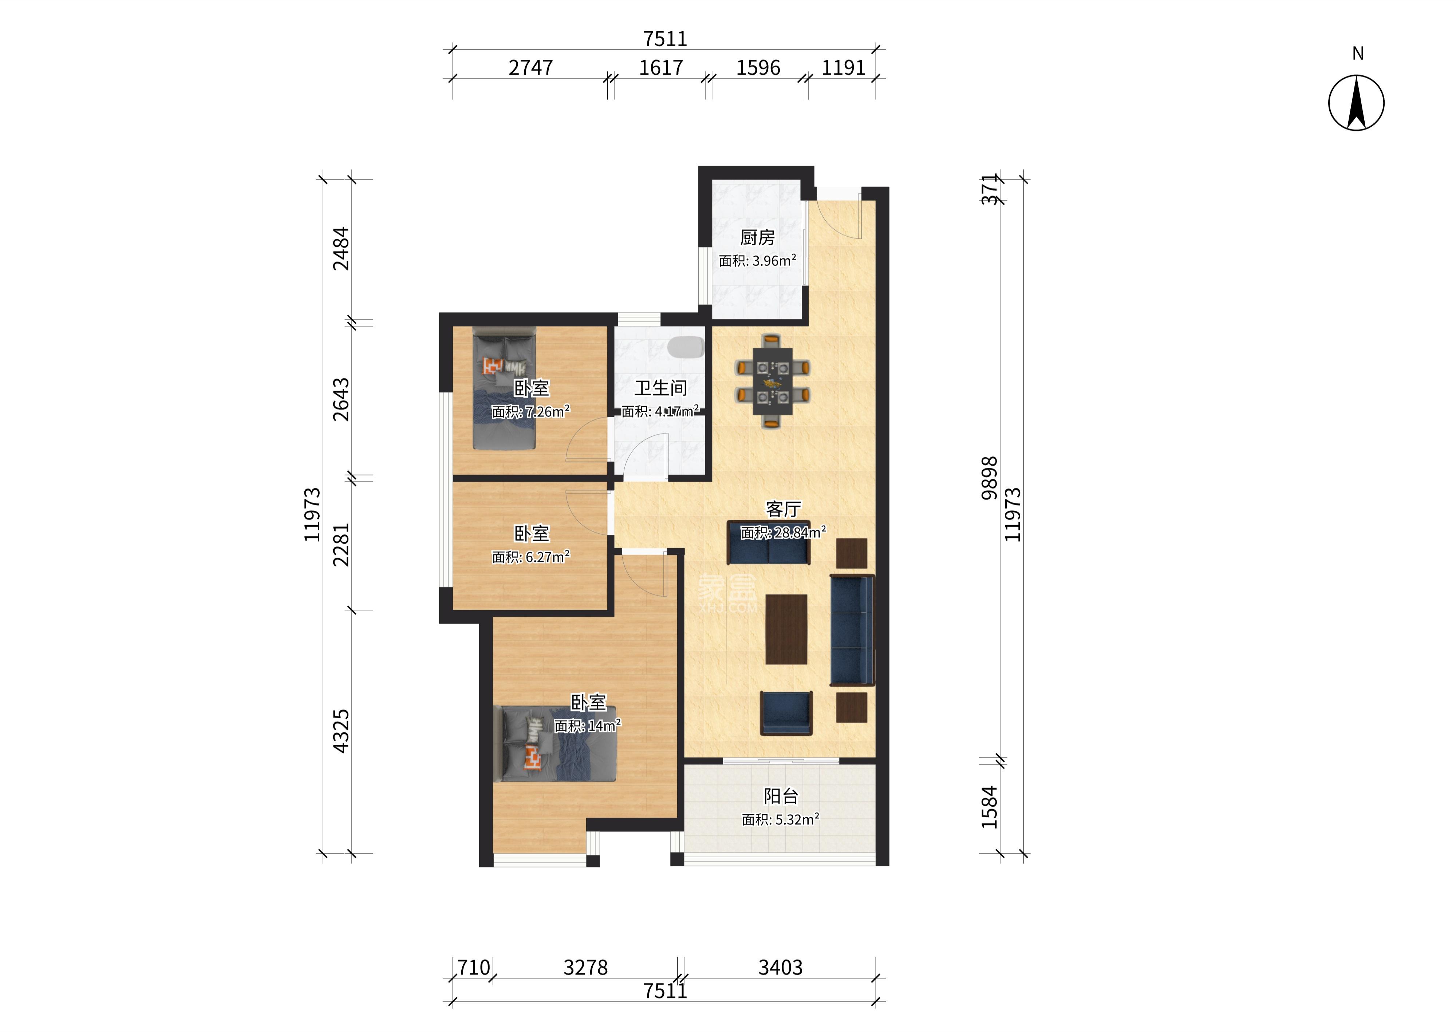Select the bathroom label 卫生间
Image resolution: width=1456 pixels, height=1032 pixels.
coord(660,388)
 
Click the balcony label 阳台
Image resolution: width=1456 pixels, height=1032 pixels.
coord(781,796)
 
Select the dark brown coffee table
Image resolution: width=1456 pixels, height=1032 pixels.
coord(786,629)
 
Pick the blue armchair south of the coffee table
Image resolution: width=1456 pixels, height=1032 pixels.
coord(786,713)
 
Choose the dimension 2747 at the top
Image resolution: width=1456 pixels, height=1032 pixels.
coord(531,67)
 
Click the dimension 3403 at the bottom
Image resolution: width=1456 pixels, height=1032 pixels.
coord(781,967)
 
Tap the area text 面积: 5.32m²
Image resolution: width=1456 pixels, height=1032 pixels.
coord(781,820)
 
